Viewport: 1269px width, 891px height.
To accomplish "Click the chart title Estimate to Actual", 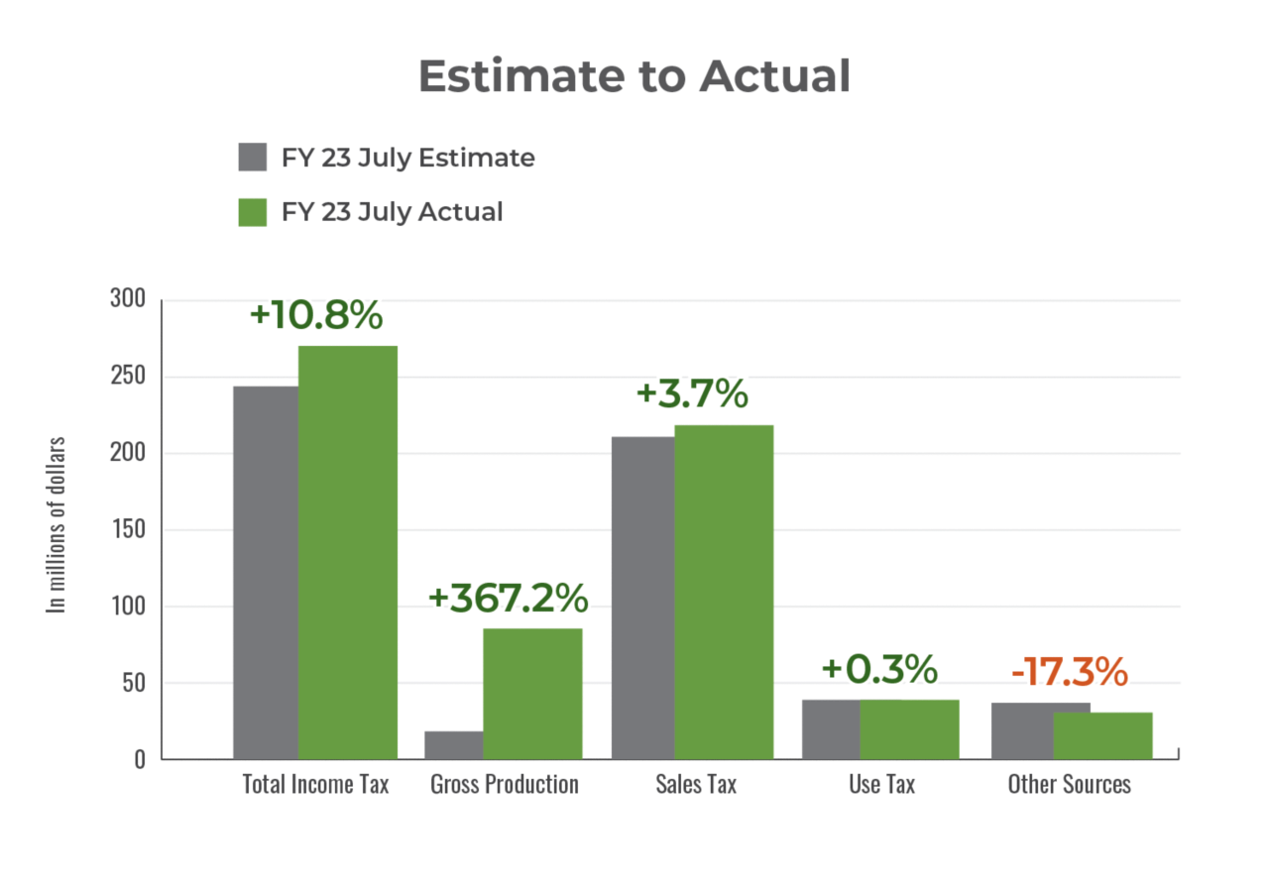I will [634, 76].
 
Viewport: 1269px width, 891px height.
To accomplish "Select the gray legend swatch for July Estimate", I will [253, 158].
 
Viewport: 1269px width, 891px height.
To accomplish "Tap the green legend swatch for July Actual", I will [253, 212].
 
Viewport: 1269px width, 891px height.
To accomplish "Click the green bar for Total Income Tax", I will [348, 551].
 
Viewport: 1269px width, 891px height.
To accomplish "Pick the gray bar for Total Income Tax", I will [265, 571].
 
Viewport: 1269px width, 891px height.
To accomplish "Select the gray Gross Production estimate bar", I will [452, 744].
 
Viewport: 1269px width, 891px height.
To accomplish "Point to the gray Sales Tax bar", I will [641, 597].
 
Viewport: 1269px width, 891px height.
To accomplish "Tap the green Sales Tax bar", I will [724, 591].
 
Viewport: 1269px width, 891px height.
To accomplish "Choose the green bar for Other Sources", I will [1103, 734].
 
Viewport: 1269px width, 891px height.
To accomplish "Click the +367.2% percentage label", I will [508, 599].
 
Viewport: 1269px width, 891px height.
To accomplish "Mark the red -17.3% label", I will [1070, 672].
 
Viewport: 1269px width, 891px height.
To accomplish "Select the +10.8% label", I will [315, 315].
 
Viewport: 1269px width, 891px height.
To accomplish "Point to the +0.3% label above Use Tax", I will [879, 669].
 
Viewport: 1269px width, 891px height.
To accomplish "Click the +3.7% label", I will [691, 393].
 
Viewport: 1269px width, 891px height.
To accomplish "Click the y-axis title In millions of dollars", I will [58, 524].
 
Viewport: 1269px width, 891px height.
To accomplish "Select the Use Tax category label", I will [881, 784].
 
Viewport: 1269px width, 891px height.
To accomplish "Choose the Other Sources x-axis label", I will [1069, 784].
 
